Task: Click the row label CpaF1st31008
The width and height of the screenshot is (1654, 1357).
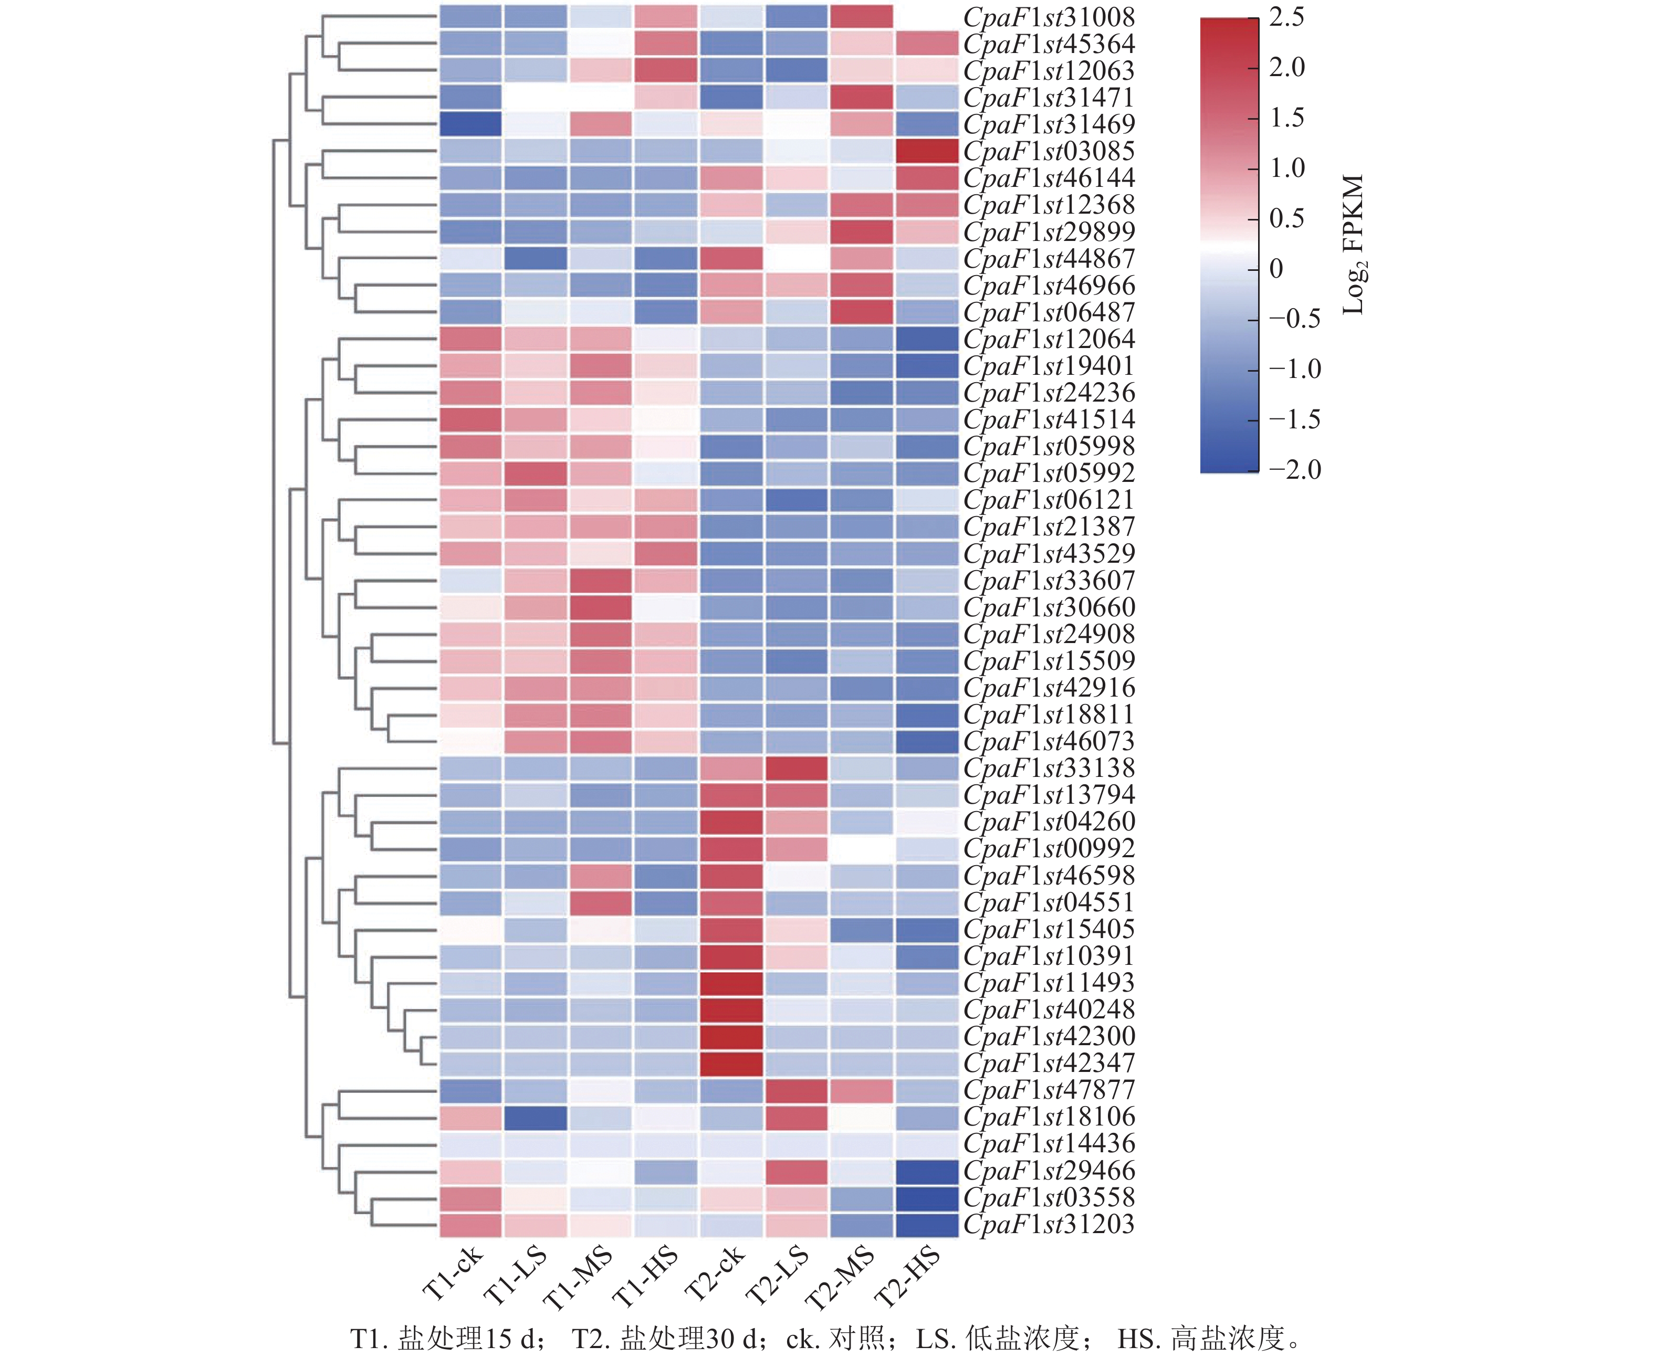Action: [x=1048, y=17]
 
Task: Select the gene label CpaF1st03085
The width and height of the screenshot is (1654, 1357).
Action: [x=1048, y=151]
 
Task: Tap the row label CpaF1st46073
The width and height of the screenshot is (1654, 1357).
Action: [x=1048, y=741]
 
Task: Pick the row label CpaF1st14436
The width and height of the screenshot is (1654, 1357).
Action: [x=1048, y=1143]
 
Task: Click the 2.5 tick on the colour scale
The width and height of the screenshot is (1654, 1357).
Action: [x=1286, y=17]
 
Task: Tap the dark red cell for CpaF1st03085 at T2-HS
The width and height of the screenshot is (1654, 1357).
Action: [x=927, y=151]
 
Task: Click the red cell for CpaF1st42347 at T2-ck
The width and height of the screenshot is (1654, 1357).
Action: [x=731, y=1063]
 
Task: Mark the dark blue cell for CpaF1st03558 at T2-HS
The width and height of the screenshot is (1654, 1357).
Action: [x=927, y=1197]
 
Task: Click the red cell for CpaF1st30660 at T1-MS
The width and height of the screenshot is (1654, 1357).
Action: [x=600, y=607]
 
